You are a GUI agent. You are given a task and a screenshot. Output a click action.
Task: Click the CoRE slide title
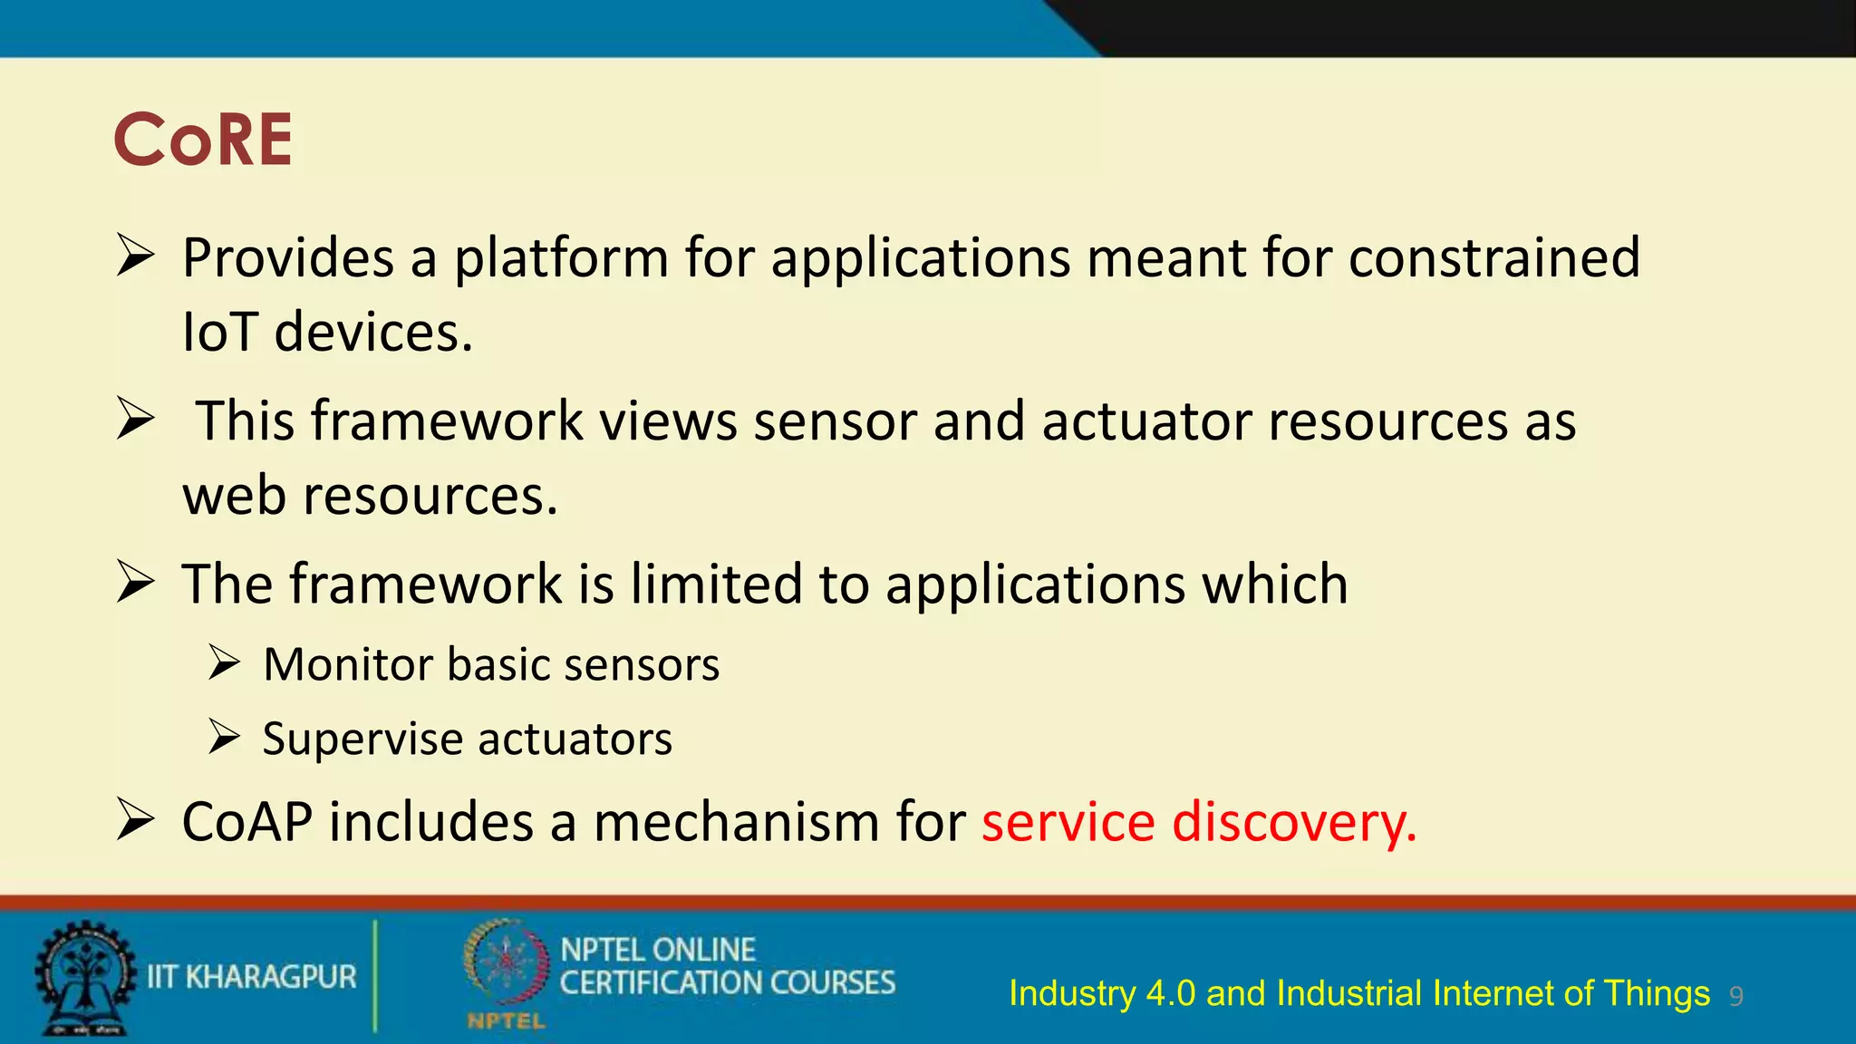203,140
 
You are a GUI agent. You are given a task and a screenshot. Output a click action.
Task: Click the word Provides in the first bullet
288,258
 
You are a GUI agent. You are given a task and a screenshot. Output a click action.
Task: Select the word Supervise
362,739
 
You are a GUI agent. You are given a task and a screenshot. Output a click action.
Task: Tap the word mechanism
736,823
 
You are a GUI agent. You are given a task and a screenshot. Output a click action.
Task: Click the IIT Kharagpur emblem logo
83,979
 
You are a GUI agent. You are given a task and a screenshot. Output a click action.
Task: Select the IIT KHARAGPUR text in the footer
252,977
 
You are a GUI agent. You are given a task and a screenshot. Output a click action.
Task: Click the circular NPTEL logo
506,965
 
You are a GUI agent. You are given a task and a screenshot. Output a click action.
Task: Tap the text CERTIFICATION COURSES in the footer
727,983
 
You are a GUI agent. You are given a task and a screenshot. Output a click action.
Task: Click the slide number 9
1735,997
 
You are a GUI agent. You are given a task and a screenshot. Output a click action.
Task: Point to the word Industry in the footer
1072,994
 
